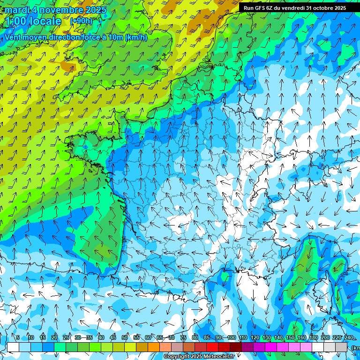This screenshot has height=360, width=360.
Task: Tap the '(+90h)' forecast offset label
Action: click(x=82, y=21)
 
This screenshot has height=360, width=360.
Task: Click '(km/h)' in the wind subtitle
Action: click(x=136, y=37)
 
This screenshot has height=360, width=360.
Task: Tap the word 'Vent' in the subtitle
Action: click(x=13, y=37)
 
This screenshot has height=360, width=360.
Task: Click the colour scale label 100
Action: click(x=232, y=337)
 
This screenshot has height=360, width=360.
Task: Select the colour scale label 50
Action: click(x=125, y=337)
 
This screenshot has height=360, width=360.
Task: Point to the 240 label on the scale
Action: click(x=349, y=337)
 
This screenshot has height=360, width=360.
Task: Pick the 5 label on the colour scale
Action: click(x=18, y=337)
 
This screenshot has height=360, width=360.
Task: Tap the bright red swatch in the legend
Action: click(x=212, y=347)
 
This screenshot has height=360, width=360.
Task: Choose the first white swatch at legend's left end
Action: click(x=13, y=347)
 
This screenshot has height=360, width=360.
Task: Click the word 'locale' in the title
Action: click(x=46, y=21)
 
